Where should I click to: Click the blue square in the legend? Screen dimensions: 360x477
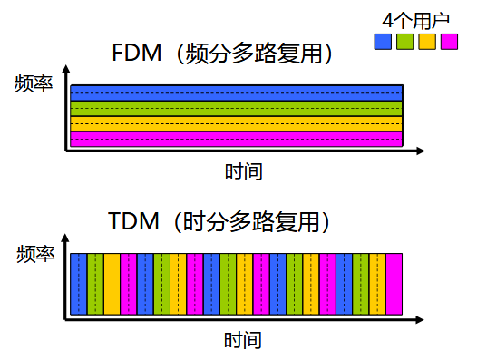(x=384, y=41)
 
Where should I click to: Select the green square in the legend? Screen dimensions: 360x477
(x=405, y=41)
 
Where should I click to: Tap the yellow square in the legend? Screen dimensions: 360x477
(x=427, y=41)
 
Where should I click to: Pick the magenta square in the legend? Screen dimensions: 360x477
(x=449, y=41)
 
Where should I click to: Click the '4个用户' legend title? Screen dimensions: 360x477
(x=416, y=19)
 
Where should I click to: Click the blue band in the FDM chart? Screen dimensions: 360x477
(x=236, y=92)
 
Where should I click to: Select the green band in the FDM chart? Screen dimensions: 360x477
(x=236, y=108)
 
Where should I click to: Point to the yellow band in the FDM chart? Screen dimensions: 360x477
(x=236, y=123)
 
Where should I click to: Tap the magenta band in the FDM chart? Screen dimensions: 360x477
(x=236, y=139)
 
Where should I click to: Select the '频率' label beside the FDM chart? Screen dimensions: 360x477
(x=34, y=86)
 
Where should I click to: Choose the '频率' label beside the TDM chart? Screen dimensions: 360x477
(x=34, y=255)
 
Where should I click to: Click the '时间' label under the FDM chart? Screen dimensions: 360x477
(x=243, y=171)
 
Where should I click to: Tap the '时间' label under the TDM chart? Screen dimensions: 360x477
(x=243, y=341)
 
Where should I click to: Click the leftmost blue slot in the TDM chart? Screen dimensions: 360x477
(x=78, y=285)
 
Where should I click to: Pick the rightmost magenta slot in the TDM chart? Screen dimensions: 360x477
(x=394, y=285)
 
